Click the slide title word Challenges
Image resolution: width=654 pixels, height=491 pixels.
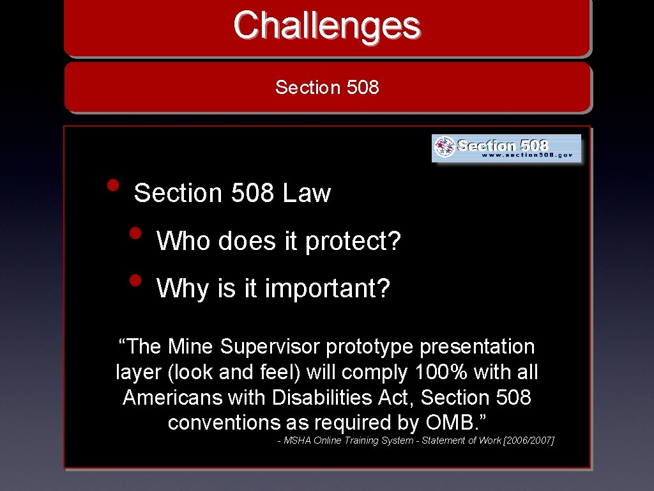tap(326, 26)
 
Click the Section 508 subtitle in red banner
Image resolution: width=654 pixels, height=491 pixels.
tap(327, 87)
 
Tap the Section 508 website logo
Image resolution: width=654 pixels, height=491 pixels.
tap(506, 148)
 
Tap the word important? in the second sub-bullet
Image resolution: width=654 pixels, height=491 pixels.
tap(327, 289)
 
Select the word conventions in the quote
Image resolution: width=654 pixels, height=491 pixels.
tap(224, 423)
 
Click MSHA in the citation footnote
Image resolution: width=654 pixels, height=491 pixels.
tap(297, 440)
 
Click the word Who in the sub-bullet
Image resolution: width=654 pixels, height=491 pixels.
tap(183, 241)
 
